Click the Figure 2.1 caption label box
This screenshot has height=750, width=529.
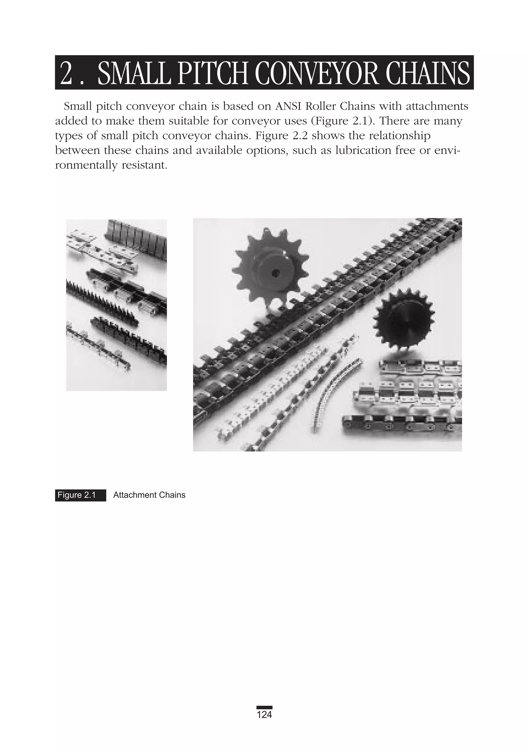click(x=80, y=495)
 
